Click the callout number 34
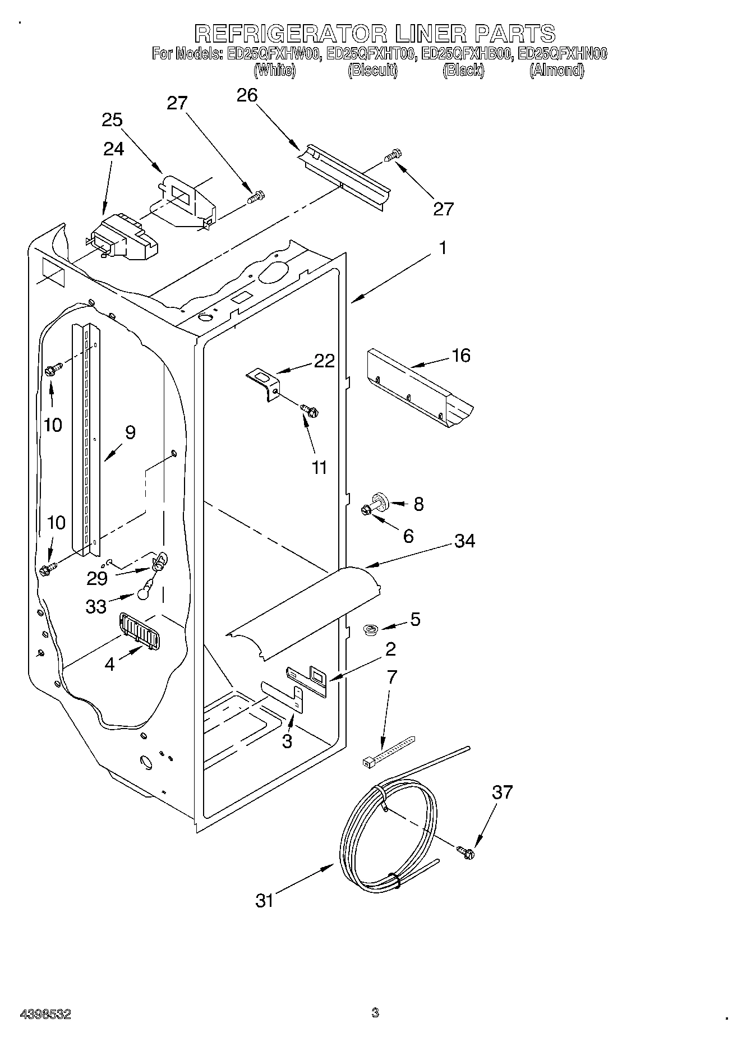tap(464, 541)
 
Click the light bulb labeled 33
tap(144, 588)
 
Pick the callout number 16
tap(461, 356)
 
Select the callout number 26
tap(247, 96)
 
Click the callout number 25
tap(112, 120)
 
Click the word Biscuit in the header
tap(372, 71)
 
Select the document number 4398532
tap(45, 1014)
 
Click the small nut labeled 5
tap(370, 630)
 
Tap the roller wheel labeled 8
tap(380, 499)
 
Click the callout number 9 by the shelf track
tap(130, 432)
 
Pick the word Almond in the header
tap(556, 71)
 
